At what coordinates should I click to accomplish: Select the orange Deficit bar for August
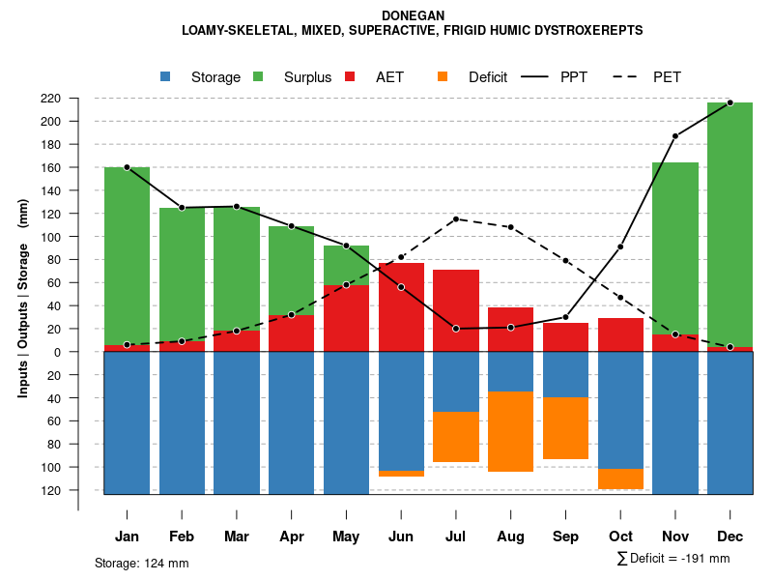(511, 431)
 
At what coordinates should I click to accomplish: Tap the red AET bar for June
(401, 307)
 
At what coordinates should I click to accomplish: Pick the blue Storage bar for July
(456, 382)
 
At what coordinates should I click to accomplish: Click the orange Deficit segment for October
(621, 478)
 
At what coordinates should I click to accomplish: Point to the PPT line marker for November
(675, 136)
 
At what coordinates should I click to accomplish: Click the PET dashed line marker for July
(456, 218)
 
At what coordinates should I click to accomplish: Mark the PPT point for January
(127, 167)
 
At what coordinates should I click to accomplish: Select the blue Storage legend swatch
(165, 77)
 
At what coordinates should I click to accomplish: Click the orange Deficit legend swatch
(443, 77)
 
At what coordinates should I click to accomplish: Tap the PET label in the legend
(667, 77)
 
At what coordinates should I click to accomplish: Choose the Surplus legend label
(307, 77)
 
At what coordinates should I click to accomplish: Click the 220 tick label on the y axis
(78, 99)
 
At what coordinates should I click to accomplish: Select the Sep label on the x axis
(566, 536)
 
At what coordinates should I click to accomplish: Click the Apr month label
(291, 536)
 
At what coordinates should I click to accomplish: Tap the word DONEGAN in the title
(412, 15)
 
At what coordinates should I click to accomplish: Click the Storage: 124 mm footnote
(141, 563)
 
